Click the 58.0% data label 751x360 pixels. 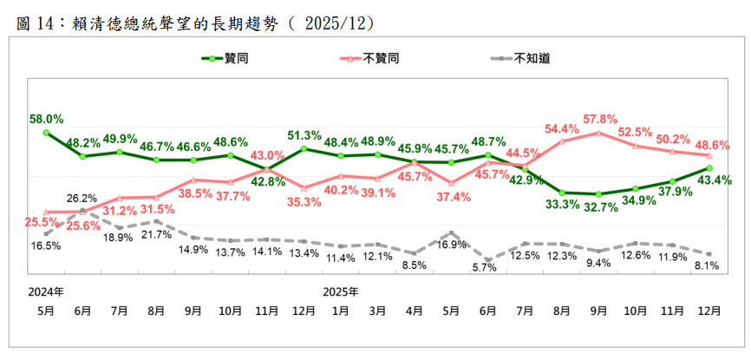46,119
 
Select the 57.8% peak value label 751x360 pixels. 599,118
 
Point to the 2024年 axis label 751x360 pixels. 45,290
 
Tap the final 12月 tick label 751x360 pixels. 710,309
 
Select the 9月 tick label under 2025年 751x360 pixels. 599,309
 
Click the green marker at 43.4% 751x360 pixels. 709,168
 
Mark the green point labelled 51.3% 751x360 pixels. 304,148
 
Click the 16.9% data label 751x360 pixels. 450,245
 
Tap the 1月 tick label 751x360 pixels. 341,309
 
